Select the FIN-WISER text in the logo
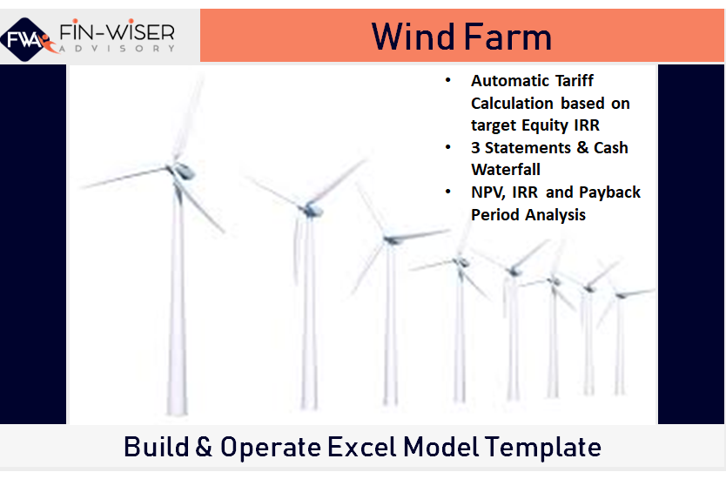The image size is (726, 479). point(116,32)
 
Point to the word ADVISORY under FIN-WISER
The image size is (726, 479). point(116,50)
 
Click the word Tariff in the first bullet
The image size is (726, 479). point(573,81)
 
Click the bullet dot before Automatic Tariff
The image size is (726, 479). point(448,81)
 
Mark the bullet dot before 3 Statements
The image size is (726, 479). point(448,147)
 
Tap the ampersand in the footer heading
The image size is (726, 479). point(203,448)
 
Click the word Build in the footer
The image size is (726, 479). point(156,448)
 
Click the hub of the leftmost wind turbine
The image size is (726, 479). point(175,168)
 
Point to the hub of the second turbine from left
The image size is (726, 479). point(309,208)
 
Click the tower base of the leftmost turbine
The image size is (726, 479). point(178,409)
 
